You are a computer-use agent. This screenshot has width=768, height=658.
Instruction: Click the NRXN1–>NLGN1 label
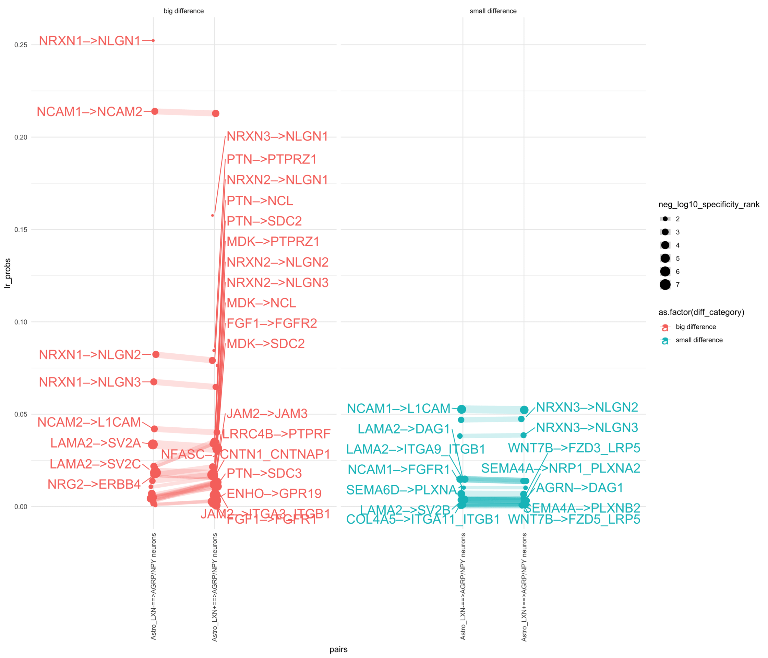(x=90, y=41)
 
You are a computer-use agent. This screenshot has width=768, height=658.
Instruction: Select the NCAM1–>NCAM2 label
(x=89, y=111)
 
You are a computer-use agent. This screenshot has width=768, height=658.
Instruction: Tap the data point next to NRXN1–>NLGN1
(x=153, y=40)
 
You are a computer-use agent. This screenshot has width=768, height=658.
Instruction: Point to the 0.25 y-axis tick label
(x=21, y=45)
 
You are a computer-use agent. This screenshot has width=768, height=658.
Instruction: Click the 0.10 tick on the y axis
(x=21, y=322)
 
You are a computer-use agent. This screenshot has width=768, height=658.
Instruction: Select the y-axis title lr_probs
(x=8, y=273)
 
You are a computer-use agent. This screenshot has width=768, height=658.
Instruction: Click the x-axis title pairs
(x=338, y=649)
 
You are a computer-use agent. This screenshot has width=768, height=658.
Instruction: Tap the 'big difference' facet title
(x=183, y=11)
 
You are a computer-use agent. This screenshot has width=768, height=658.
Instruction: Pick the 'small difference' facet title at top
(x=493, y=11)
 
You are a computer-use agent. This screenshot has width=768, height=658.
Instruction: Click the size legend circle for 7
(x=665, y=284)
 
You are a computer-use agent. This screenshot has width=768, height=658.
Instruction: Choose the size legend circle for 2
(x=665, y=219)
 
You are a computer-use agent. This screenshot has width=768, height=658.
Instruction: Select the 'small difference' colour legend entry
(x=699, y=340)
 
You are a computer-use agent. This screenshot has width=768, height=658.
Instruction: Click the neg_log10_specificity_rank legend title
(x=708, y=205)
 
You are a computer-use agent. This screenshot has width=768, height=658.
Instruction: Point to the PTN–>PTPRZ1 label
(x=272, y=159)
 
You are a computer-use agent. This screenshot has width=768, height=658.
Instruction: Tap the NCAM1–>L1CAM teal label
(x=398, y=408)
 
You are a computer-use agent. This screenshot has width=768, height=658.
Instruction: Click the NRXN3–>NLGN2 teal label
(x=587, y=407)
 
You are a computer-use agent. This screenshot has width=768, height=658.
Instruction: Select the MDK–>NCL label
(x=261, y=303)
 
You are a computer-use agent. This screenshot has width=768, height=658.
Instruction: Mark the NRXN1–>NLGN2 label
(x=90, y=355)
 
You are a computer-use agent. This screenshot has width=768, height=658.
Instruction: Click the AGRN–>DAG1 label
(x=580, y=488)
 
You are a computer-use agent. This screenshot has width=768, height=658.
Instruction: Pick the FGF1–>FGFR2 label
(x=272, y=324)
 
